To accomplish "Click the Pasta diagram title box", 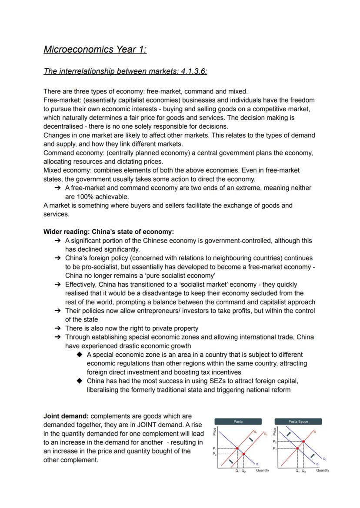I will click(238, 422).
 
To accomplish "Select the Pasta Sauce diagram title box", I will click(298, 422).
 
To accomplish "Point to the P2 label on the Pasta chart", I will click(214, 454).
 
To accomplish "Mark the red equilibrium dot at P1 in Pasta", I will click(237, 448).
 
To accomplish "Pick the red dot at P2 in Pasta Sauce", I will click(303, 441).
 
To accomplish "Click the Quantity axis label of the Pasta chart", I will click(263, 470).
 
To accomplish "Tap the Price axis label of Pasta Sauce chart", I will click(274, 432).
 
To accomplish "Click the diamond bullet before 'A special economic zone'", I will click(79, 355).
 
